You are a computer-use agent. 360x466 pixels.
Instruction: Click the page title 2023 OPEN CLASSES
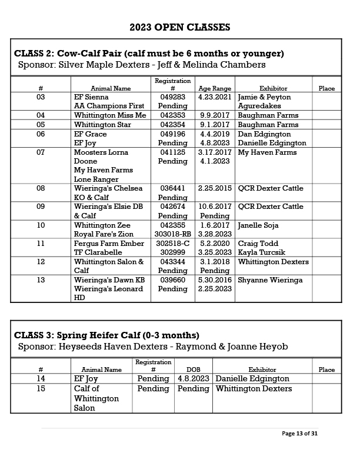(x=179, y=27)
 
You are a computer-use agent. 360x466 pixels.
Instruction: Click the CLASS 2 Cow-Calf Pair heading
(x=149, y=53)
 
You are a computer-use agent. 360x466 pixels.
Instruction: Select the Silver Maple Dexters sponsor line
(x=142, y=65)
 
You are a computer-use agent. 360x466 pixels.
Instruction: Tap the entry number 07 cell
(x=41, y=152)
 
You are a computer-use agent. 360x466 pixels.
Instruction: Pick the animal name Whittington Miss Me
(x=110, y=115)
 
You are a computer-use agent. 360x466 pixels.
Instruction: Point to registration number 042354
(x=172, y=125)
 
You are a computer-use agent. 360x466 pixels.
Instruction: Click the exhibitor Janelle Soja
(x=258, y=225)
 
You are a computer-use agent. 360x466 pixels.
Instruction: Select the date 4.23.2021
(x=214, y=97)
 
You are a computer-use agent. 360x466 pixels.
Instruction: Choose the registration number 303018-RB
(x=172, y=234)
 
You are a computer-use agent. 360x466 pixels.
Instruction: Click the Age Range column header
(x=215, y=88)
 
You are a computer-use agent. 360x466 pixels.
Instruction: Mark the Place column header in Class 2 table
(x=326, y=88)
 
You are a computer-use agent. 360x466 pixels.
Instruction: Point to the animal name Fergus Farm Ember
(x=109, y=244)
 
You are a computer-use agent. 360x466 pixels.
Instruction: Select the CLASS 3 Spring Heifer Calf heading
(x=106, y=335)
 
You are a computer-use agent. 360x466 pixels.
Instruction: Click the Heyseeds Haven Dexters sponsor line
(x=153, y=347)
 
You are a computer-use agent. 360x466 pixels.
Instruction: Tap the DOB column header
(x=193, y=370)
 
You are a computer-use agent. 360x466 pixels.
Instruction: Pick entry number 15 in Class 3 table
(x=41, y=389)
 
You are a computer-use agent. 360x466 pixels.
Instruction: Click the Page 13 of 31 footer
(x=299, y=434)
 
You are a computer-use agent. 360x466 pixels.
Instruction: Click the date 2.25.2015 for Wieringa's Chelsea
(x=214, y=189)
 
